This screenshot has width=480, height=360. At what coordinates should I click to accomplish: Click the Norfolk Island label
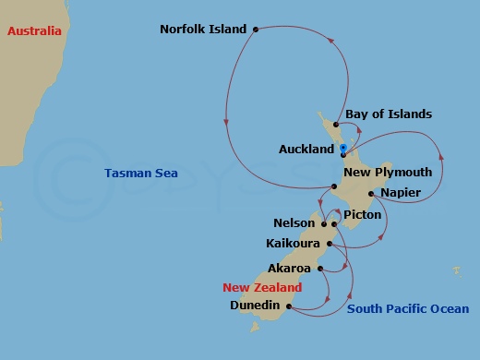pos(203,29)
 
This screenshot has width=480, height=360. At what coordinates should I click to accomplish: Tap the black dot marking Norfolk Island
pos(255,29)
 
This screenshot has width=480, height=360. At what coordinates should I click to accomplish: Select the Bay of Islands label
pos(389,114)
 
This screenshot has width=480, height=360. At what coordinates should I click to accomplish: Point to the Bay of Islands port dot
pos(337,124)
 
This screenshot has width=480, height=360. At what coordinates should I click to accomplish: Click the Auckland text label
pos(306,149)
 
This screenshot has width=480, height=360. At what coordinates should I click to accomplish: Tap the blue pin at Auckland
pos(342,149)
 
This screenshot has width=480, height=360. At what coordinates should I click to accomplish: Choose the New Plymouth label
pos(387,172)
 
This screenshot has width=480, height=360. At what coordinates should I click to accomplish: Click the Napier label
pos(401,192)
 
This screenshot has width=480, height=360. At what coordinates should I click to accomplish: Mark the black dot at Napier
pos(371,194)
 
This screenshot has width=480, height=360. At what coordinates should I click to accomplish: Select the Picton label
pos(362,214)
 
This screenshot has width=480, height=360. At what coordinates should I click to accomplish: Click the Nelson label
pos(294,223)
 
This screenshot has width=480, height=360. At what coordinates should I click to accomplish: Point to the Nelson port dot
pos(324,223)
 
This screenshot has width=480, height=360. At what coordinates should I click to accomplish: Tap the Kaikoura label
pos(292,244)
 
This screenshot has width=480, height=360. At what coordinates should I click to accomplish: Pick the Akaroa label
pos(289,269)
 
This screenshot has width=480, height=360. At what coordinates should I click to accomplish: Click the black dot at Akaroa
pos(319,269)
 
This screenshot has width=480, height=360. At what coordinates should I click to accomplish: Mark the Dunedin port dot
pos(289,306)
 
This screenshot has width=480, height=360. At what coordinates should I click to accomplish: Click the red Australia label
pos(34,31)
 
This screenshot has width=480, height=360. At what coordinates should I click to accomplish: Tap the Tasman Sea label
pos(140,173)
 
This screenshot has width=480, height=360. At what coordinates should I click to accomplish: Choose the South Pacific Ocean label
pos(407,309)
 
